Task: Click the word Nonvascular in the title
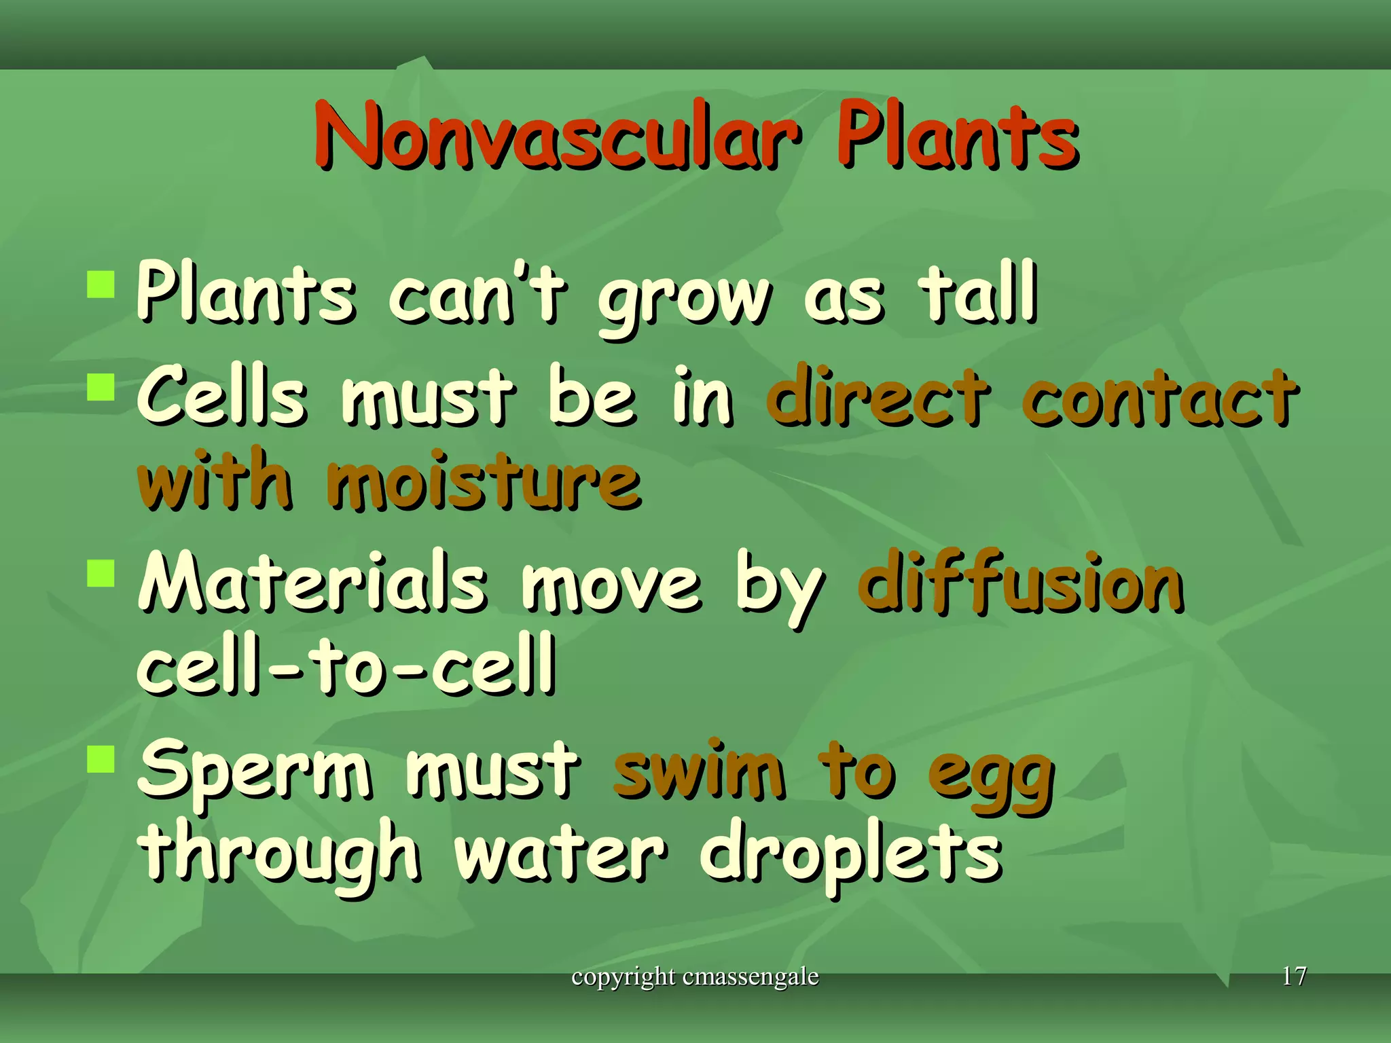557,136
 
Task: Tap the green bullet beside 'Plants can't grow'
101,285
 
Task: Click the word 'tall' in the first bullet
978,293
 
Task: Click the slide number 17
1294,976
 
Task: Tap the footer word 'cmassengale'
751,977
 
